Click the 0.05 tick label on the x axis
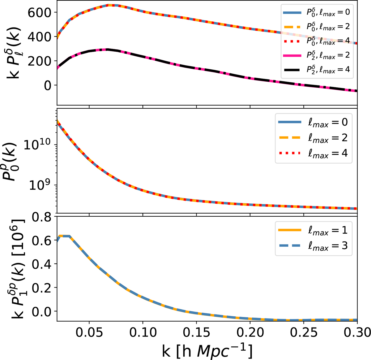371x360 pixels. pos(89,333)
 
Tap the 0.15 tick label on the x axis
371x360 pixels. pos(196,333)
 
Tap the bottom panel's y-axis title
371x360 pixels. pos(14,269)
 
